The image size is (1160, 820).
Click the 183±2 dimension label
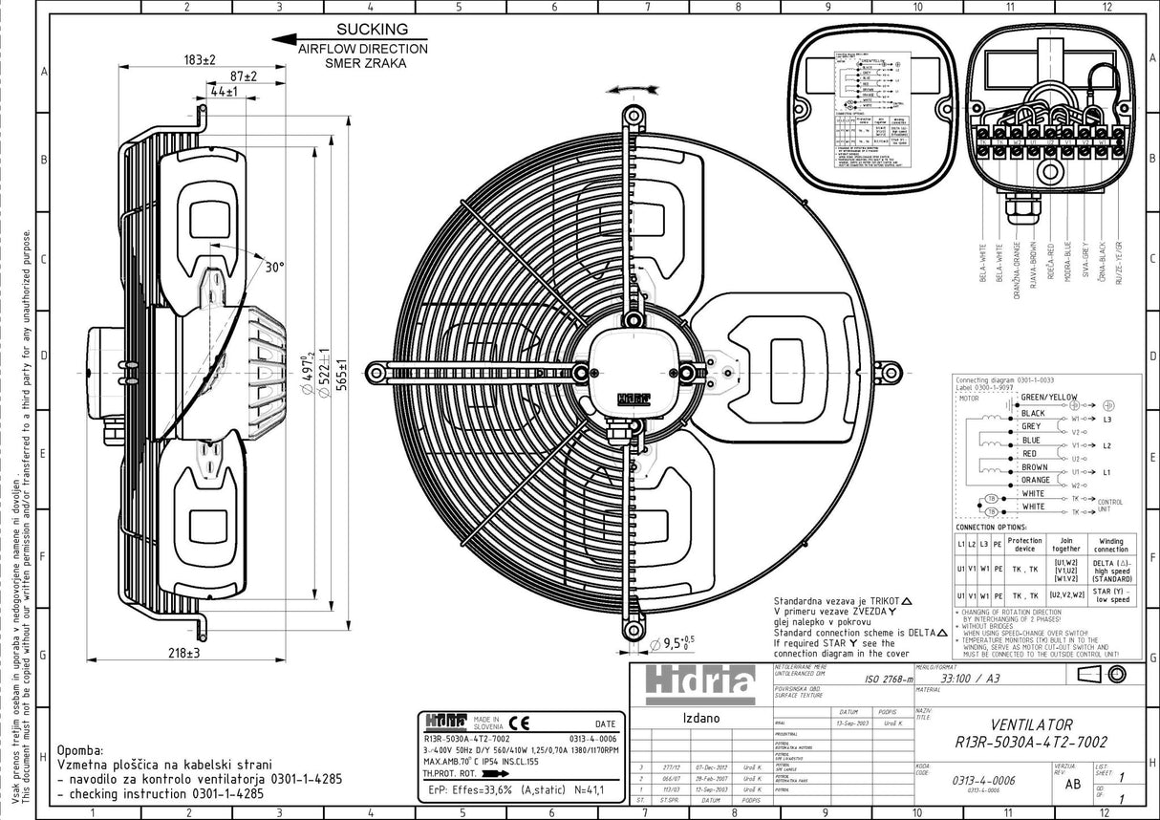tap(200, 59)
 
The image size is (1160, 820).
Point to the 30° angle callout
tap(274, 268)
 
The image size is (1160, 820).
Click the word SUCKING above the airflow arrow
tap(363, 30)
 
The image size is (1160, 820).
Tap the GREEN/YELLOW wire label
tap(1048, 397)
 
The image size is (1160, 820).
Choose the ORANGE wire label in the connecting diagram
tap(1035, 480)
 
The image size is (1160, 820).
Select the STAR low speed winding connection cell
tap(1110, 595)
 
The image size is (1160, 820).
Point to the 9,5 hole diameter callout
tap(681, 641)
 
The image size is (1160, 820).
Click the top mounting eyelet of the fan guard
tap(633, 117)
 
